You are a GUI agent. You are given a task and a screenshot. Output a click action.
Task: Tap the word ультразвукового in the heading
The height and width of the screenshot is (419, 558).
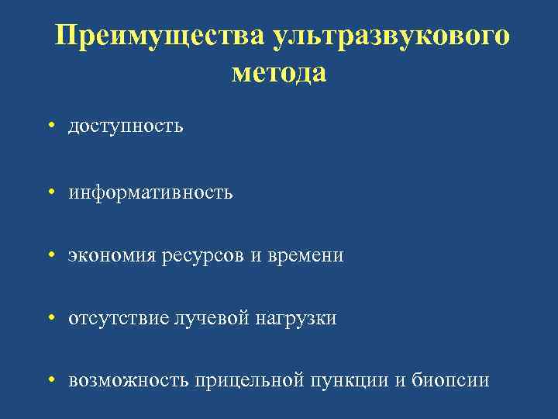pyautogui.click(x=391, y=37)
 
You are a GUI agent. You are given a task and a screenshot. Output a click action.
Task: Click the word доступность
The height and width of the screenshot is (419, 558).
pyautogui.click(x=126, y=126)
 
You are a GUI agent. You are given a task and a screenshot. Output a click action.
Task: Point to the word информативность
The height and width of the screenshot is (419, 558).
pyautogui.click(x=150, y=191)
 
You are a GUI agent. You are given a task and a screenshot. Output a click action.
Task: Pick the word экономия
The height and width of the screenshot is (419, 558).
pyautogui.click(x=112, y=255)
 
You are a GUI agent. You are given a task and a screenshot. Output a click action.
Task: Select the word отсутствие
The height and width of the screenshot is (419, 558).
pyautogui.click(x=118, y=318)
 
